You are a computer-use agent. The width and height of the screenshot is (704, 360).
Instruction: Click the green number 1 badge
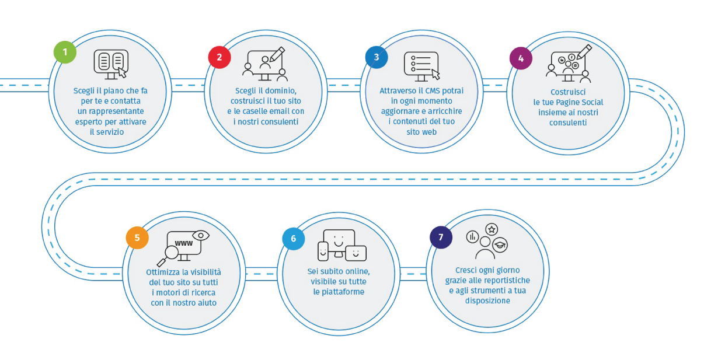65,52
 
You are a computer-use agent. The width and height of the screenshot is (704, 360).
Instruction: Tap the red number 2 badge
219,57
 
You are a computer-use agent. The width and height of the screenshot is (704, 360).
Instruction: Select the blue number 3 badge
377,57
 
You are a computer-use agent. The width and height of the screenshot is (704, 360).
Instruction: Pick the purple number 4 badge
521,58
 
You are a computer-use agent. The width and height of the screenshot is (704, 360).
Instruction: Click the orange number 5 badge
137,237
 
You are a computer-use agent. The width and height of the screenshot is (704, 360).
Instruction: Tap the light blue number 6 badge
293,239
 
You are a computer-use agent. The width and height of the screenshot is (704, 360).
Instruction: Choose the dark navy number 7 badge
441,237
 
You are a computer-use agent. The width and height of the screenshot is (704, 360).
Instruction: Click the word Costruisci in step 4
568,92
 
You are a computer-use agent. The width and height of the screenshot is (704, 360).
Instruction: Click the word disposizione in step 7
487,301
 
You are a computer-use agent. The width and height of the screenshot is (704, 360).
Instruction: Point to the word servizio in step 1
112,132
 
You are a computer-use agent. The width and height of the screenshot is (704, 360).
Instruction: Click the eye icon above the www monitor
200,235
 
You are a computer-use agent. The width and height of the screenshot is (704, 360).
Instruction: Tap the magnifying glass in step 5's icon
169,255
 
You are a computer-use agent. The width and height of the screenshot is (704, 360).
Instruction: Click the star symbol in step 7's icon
492,229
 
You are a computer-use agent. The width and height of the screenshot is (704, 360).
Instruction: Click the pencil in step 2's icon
277,54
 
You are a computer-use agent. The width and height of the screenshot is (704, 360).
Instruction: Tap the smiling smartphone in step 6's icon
323,251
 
